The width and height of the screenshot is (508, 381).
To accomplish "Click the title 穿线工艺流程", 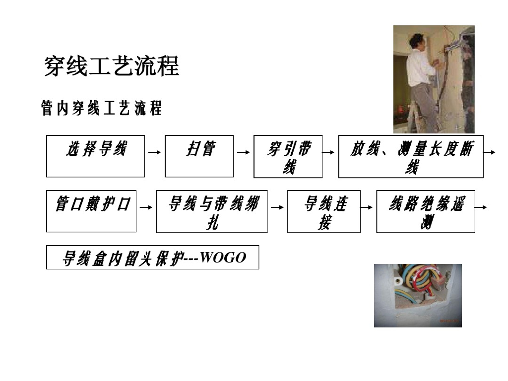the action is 112,66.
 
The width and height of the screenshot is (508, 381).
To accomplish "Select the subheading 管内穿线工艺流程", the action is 101,108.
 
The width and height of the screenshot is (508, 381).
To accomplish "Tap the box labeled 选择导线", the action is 95,156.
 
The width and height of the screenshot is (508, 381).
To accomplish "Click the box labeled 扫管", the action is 199,156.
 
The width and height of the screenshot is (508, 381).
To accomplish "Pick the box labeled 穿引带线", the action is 288,156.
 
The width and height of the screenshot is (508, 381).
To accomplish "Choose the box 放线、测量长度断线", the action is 411,156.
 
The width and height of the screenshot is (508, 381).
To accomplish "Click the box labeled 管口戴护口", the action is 91,211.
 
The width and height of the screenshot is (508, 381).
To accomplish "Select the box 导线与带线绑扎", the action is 212,211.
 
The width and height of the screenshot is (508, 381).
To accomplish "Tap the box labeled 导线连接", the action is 324,211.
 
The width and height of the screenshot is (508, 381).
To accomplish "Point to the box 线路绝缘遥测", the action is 426,211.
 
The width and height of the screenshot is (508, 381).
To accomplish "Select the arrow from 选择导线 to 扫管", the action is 154,153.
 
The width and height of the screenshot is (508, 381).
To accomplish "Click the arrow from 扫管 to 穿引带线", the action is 243,153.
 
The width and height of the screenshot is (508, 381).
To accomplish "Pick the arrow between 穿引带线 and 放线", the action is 329,153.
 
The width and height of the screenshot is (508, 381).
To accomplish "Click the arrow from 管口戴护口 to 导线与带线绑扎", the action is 145,208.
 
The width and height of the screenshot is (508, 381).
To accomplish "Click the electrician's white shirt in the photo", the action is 419,67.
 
